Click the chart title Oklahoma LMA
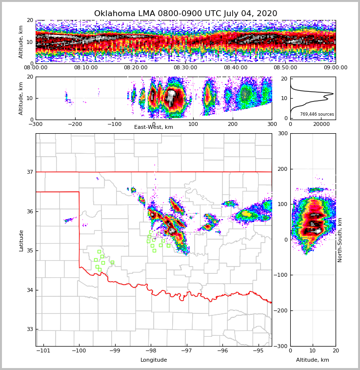pos(185,14)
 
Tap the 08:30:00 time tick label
pos(185,68)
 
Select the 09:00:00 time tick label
pos(335,68)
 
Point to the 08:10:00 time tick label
pos(85,68)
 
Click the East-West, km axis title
pos(154,127)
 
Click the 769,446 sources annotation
pos(317,114)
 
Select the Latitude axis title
pos(21,240)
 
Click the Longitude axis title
pos(154,360)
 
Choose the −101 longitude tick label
pos(43,351)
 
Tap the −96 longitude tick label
pos(222,351)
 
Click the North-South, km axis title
pos(340,240)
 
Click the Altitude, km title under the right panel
pos(313,360)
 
